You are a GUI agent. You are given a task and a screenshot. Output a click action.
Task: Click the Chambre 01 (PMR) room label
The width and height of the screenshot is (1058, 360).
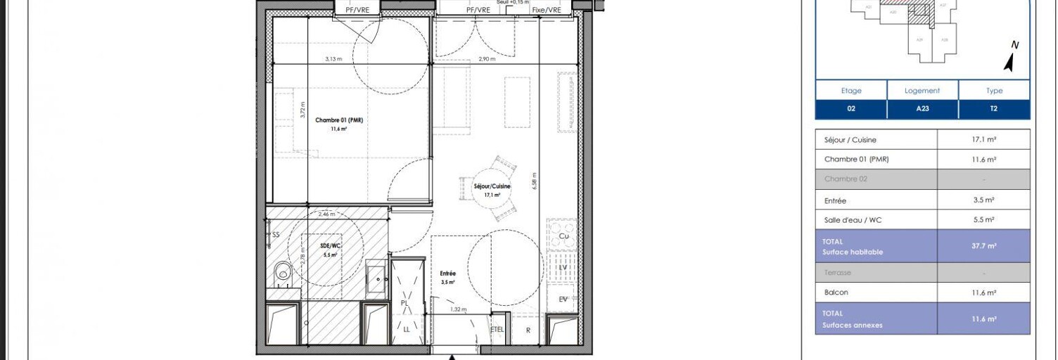(338, 120)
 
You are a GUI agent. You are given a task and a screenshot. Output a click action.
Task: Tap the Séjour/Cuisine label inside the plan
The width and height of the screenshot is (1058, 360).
(492, 186)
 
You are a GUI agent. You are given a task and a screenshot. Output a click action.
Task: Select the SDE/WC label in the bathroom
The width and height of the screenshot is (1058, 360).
(330, 245)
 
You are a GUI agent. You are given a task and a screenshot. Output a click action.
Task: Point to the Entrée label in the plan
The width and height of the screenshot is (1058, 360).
(447, 273)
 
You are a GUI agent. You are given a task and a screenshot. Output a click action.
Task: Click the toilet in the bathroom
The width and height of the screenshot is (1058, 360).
(283, 271)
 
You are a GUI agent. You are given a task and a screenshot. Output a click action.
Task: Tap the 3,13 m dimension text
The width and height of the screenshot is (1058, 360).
(333, 59)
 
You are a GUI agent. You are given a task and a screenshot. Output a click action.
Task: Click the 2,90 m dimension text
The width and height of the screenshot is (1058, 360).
(487, 59)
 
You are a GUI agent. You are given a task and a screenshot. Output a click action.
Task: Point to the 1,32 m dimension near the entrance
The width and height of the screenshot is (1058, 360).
(459, 309)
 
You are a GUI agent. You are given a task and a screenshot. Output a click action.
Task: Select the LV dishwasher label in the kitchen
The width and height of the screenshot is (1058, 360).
(563, 268)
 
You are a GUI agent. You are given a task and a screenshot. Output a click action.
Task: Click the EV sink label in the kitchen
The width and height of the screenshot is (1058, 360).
(563, 300)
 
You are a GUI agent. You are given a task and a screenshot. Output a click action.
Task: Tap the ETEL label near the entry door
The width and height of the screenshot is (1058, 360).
(497, 329)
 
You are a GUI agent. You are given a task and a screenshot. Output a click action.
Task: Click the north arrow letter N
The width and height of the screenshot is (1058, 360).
(1015, 45)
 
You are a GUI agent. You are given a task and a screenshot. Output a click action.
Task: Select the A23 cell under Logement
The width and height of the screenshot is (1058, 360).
(922, 109)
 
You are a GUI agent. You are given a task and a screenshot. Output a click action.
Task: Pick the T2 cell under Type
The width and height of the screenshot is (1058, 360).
(993, 109)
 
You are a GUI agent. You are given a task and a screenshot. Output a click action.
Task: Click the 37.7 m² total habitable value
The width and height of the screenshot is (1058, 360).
(983, 246)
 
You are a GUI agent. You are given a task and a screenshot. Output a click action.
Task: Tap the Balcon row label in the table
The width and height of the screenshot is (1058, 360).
(836, 292)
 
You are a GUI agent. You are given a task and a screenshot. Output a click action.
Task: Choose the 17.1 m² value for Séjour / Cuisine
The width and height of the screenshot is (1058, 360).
(983, 140)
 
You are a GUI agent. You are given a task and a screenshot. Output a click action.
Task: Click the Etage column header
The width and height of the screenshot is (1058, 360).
(850, 91)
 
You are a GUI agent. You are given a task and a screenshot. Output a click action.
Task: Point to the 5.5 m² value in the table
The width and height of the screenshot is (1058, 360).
(983, 219)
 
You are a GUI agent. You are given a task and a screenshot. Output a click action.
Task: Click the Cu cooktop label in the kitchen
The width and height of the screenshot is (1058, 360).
(563, 237)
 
